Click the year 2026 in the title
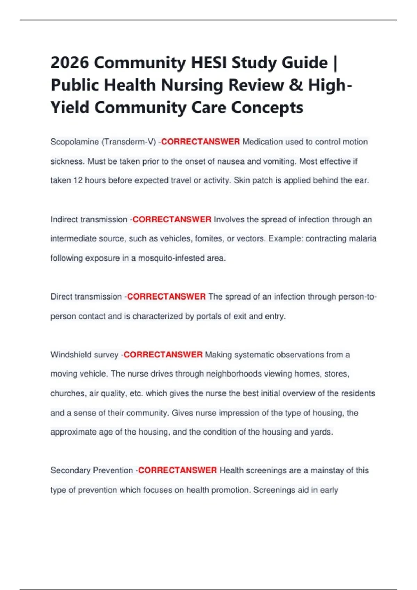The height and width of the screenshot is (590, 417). pos(69,63)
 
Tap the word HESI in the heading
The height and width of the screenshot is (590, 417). pos(208,63)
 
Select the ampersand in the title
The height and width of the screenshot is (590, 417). pos(296,85)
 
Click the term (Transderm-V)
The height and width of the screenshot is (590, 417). pos(129,142)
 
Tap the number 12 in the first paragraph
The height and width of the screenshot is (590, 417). pos(78,180)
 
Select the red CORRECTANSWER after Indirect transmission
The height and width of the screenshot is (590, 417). pos(172,220)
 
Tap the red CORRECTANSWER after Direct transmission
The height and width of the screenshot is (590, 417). pos(166,297)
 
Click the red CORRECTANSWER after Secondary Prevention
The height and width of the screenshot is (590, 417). pos(178,471)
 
